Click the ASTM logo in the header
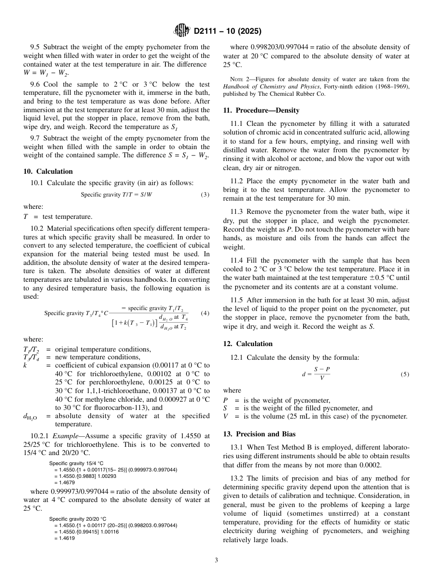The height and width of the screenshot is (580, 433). (x=182, y=31)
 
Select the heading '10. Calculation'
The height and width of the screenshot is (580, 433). (x=48, y=171)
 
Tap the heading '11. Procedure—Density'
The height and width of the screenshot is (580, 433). (x=261, y=110)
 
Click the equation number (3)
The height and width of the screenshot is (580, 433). (x=205, y=195)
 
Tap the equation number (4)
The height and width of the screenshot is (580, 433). (x=205, y=313)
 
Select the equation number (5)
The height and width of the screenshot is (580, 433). (x=405, y=374)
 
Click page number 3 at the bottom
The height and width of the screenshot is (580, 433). (x=216, y=560)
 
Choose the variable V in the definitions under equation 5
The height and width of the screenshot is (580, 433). (x=225, y=416)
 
